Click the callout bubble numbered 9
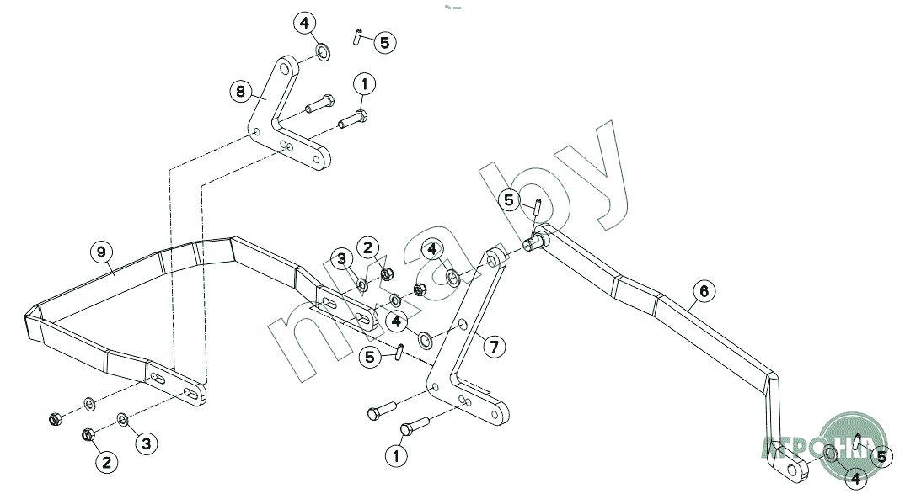click(100, 252)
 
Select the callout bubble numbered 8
click(241, 91)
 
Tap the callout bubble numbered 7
click(495, 345)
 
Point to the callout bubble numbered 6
click(704, 291)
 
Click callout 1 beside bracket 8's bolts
click(365, 84)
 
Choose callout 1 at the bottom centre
click(396, 456)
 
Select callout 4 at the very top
click(304, 23)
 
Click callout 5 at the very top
click(383, 42)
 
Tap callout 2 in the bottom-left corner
click(106, 461)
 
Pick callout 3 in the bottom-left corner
click(146, 442)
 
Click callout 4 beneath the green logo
click(855, 478)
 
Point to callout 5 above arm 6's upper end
click(508, 200)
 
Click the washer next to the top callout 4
click(324, 55)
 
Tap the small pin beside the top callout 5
click(357, 37)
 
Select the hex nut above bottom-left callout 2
click(87, 435)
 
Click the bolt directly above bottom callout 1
click(415, 427)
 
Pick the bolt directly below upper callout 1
click(353, 119)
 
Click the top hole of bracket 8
click(286, 64)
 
